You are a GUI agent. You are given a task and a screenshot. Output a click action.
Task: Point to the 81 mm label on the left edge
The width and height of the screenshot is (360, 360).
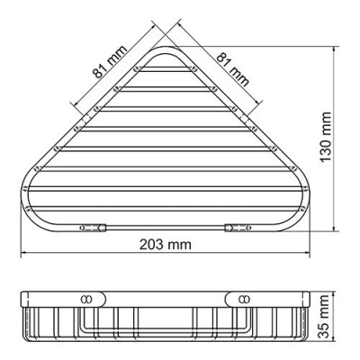point(107,61)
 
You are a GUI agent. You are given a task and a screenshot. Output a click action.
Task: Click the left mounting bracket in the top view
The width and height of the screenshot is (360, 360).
point(87,229)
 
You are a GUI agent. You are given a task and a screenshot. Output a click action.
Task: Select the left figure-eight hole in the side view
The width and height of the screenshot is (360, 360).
point(87,297)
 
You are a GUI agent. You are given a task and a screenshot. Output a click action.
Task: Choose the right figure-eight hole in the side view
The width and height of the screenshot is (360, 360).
point(245,297)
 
